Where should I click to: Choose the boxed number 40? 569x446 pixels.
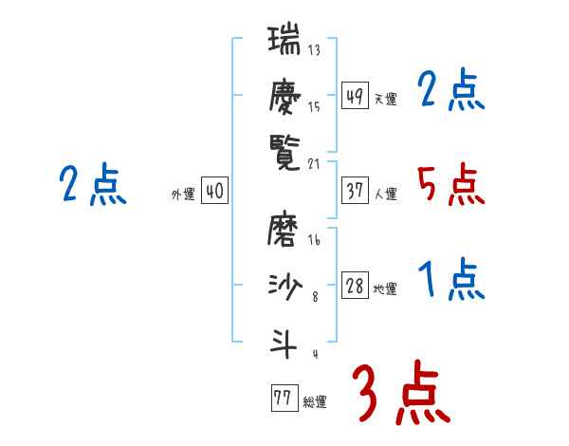click(214, 191)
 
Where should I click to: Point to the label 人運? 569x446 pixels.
click(385, 195)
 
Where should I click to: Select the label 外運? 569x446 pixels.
click(182, 195)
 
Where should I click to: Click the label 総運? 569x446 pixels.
click(314, 402)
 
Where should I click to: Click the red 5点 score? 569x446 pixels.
click(450, 184)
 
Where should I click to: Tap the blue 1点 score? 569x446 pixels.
click(450, 280)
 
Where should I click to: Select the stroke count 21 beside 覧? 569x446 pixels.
click(315, 164)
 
